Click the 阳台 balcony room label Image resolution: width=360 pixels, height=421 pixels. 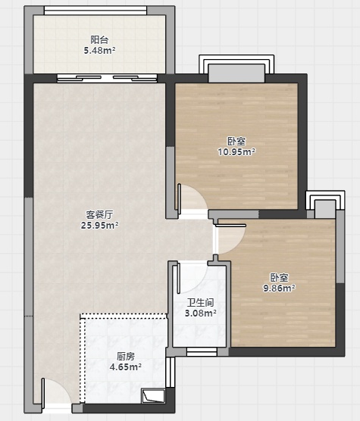[99, 40]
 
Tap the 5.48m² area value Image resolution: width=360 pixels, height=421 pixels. [100, 50]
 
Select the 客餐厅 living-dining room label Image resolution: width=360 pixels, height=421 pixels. [100, 215]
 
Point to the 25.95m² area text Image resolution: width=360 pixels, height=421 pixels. [100, 226]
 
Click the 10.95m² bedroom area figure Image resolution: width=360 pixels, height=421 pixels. [236, 152]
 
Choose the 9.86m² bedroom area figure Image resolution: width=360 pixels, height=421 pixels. [280, 288]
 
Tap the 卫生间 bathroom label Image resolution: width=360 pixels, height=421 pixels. [201, 303]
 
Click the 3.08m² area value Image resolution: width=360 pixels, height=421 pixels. [201, 313]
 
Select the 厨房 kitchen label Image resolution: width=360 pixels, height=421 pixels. [126, 357]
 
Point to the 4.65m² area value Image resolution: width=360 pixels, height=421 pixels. [126, 366]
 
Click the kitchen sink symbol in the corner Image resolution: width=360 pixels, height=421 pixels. [153, 396]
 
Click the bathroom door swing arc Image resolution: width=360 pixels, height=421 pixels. [191, 278]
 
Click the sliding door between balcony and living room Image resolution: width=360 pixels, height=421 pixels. [107, 78]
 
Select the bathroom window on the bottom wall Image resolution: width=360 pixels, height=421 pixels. [202, 352]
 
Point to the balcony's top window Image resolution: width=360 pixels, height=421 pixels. [95, 11]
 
